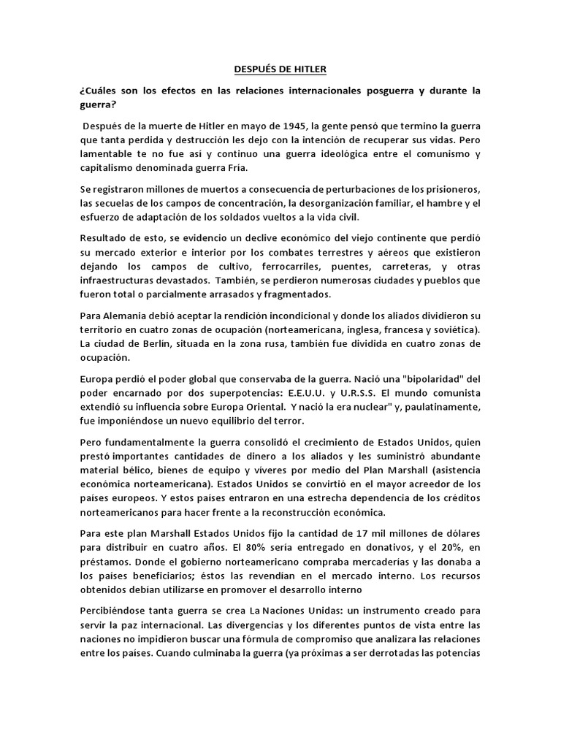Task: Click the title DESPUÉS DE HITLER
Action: point(280,69)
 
